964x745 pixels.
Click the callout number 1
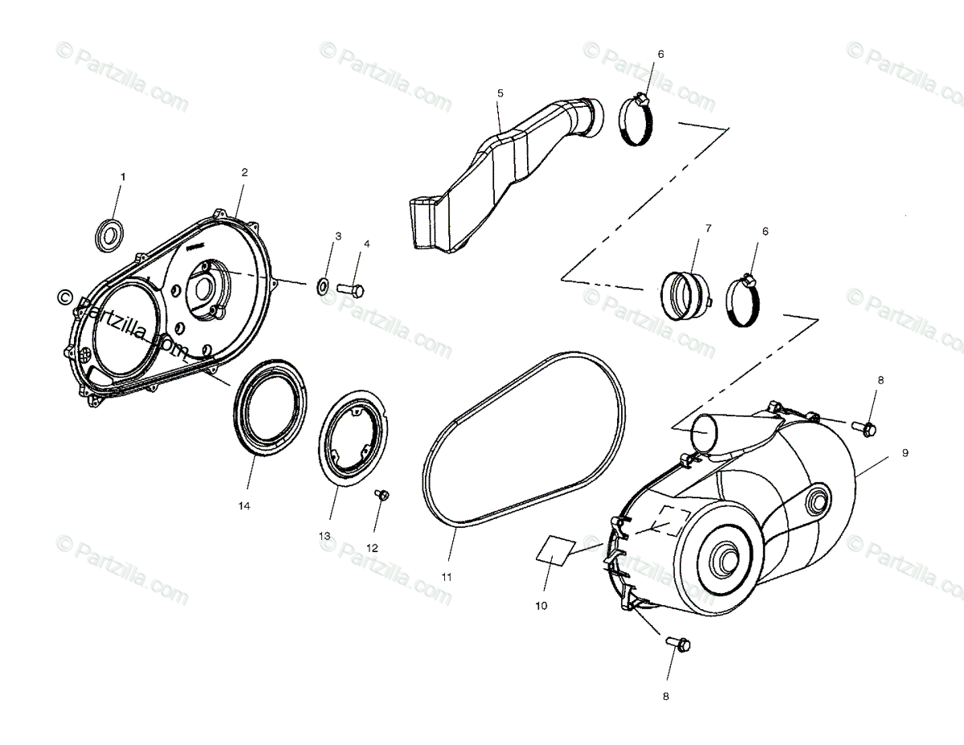point(123,175)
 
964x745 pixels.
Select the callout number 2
point(244,171)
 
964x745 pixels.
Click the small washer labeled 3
point(324,284)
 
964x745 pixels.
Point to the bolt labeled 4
point(351,287)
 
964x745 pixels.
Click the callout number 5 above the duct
point(500,93)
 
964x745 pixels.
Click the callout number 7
point(708,228)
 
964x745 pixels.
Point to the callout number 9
point(905,453)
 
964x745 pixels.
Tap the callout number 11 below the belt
point(447,576)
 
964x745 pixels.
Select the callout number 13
point(325,535)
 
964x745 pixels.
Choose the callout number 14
point(244,506)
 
